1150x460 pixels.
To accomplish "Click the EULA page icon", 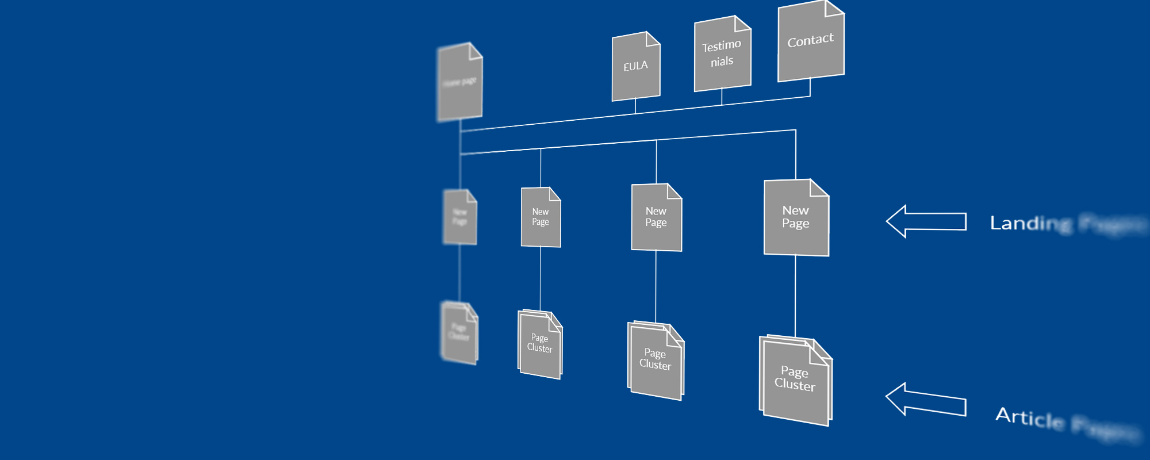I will [635, 68].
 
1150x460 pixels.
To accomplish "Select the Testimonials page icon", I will [722, 54].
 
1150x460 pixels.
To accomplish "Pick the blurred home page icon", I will [460, 82].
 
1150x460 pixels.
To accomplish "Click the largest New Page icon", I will [796, 218].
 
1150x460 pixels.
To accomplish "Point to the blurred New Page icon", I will [460, 217].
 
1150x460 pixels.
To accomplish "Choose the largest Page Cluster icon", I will [796, 382].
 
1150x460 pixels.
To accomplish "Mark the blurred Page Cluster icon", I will [459, 333].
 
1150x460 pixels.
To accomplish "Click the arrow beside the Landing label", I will [925, 221].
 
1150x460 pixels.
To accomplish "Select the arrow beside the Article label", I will [925, 400].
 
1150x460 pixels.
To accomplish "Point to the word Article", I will [1029, 417].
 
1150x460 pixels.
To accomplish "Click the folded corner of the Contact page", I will [834, 8].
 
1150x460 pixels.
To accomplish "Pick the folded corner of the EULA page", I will [653, 39].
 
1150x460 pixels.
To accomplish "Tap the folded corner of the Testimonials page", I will [742, 23].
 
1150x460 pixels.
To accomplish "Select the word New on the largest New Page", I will [795, 210].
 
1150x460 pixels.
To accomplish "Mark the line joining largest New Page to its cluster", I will [795, 296].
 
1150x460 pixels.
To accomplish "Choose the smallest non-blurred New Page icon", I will [540, 217].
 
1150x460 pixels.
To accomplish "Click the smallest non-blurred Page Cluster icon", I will [540, 344].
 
